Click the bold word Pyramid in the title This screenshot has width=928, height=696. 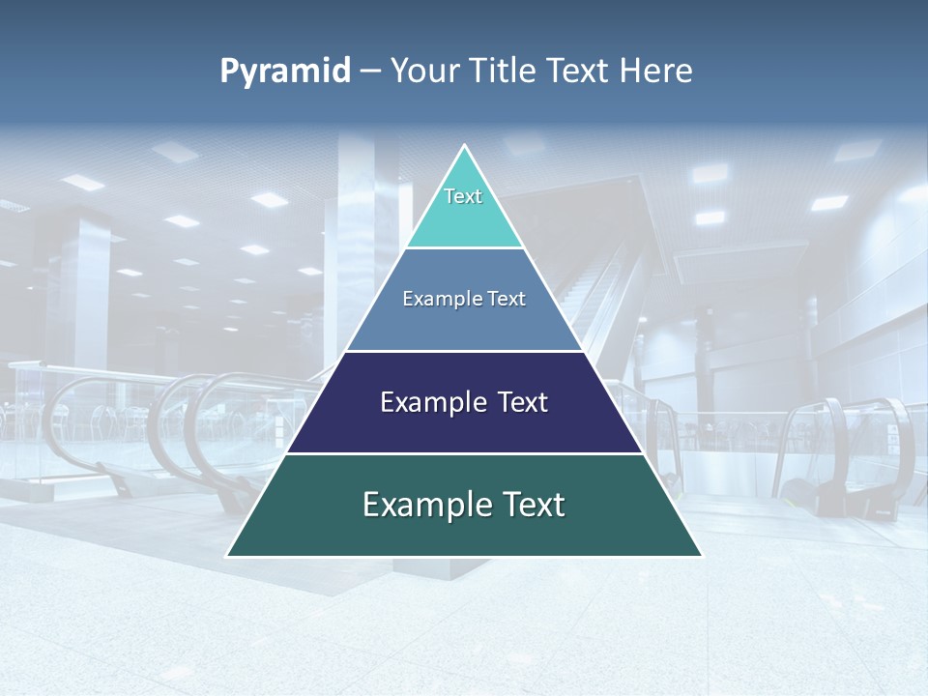click(285, 72)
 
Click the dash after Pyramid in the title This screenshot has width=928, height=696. click(369, 72)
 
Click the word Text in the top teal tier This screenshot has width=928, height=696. click(463, 196)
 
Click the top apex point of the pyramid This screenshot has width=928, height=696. click(464, 145)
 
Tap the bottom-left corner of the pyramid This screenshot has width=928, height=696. click(227, 556)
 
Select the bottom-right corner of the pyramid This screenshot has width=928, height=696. click(701, 556)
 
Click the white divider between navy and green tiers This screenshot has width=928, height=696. click(464, 453)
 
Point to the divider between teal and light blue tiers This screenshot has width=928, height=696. click(464, 248)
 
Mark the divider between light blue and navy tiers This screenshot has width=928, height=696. click(464, 351)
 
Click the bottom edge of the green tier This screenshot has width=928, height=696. click(464, 557)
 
